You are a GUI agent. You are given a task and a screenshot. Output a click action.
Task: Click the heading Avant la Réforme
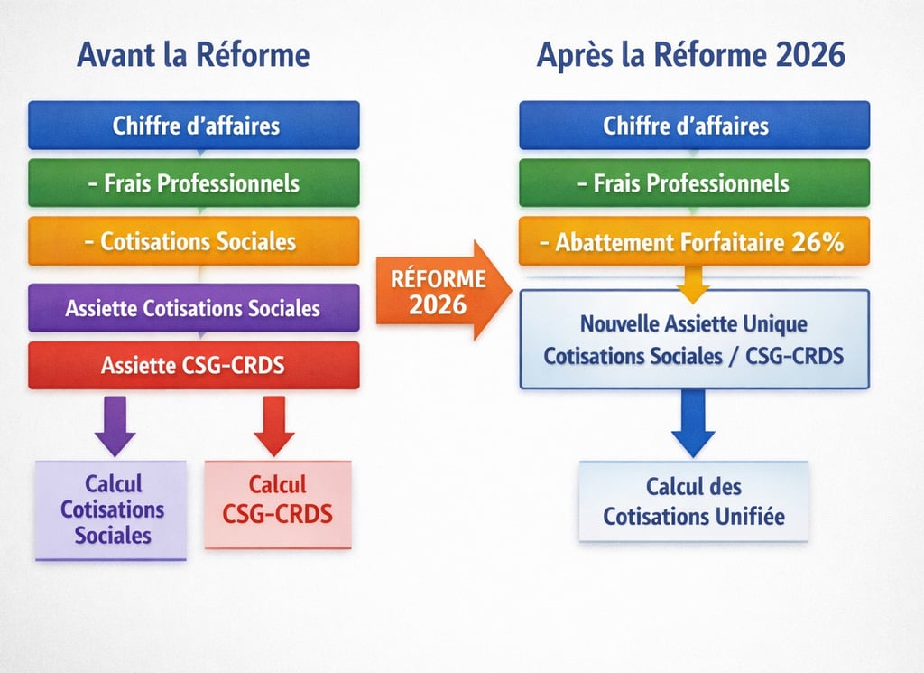pos(193,55)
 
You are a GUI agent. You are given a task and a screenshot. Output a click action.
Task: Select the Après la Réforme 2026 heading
pos(691,55)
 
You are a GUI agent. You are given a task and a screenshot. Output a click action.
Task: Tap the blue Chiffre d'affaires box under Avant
pos(194,126)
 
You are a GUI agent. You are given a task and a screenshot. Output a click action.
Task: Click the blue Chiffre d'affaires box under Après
pos(694,126)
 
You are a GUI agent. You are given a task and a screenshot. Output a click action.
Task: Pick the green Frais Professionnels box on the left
pos(194,183)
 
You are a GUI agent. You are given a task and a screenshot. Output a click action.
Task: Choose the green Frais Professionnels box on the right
pos(694,183)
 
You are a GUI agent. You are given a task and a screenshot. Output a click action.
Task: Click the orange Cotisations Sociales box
pos(194,241)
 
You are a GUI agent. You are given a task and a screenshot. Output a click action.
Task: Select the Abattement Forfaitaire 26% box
pos(694,241)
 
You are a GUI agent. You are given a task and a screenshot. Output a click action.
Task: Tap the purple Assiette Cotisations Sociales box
pos(194,308)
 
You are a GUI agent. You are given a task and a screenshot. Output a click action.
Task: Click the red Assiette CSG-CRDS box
pos(194,365)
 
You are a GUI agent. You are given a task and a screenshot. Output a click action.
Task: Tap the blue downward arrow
pos(693,423)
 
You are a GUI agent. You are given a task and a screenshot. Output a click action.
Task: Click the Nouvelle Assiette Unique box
pos(694,339)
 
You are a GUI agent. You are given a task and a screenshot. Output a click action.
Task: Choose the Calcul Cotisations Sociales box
pos(112,509)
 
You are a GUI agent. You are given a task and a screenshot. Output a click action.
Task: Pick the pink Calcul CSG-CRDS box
pos(277,502)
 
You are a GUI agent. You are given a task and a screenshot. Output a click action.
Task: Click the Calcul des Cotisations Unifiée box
pos(694,501)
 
